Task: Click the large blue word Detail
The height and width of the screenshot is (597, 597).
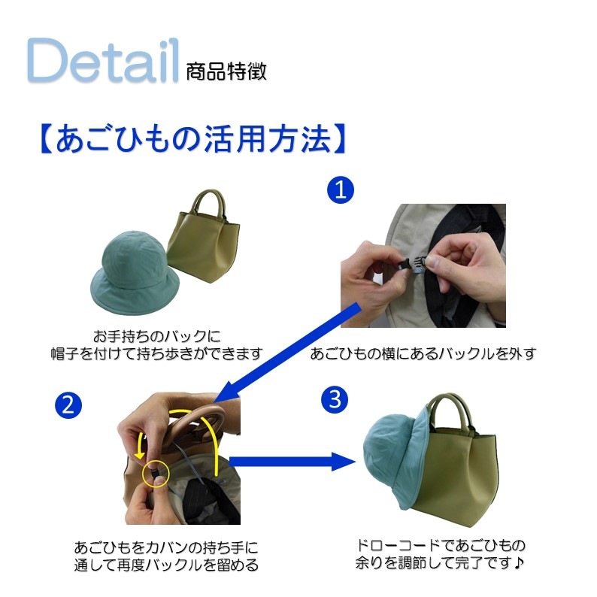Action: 103,60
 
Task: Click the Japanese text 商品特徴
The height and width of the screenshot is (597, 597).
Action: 226,71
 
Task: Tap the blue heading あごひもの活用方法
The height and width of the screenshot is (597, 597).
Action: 193,138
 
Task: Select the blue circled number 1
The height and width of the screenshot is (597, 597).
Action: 341,190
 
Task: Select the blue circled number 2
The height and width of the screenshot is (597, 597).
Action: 68,405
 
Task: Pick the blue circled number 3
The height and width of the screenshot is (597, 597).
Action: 335,400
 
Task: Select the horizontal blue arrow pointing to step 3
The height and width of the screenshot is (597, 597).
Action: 292,462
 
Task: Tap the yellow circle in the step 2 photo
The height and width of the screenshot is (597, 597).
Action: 156,473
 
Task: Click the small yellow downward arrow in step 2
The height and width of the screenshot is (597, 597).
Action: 140,445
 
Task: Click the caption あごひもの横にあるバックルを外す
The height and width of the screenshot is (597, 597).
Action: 423,353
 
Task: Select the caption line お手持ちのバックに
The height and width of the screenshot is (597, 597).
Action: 157,337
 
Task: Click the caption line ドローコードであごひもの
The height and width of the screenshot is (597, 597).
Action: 441,546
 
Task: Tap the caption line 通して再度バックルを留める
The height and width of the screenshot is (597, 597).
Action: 166,565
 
